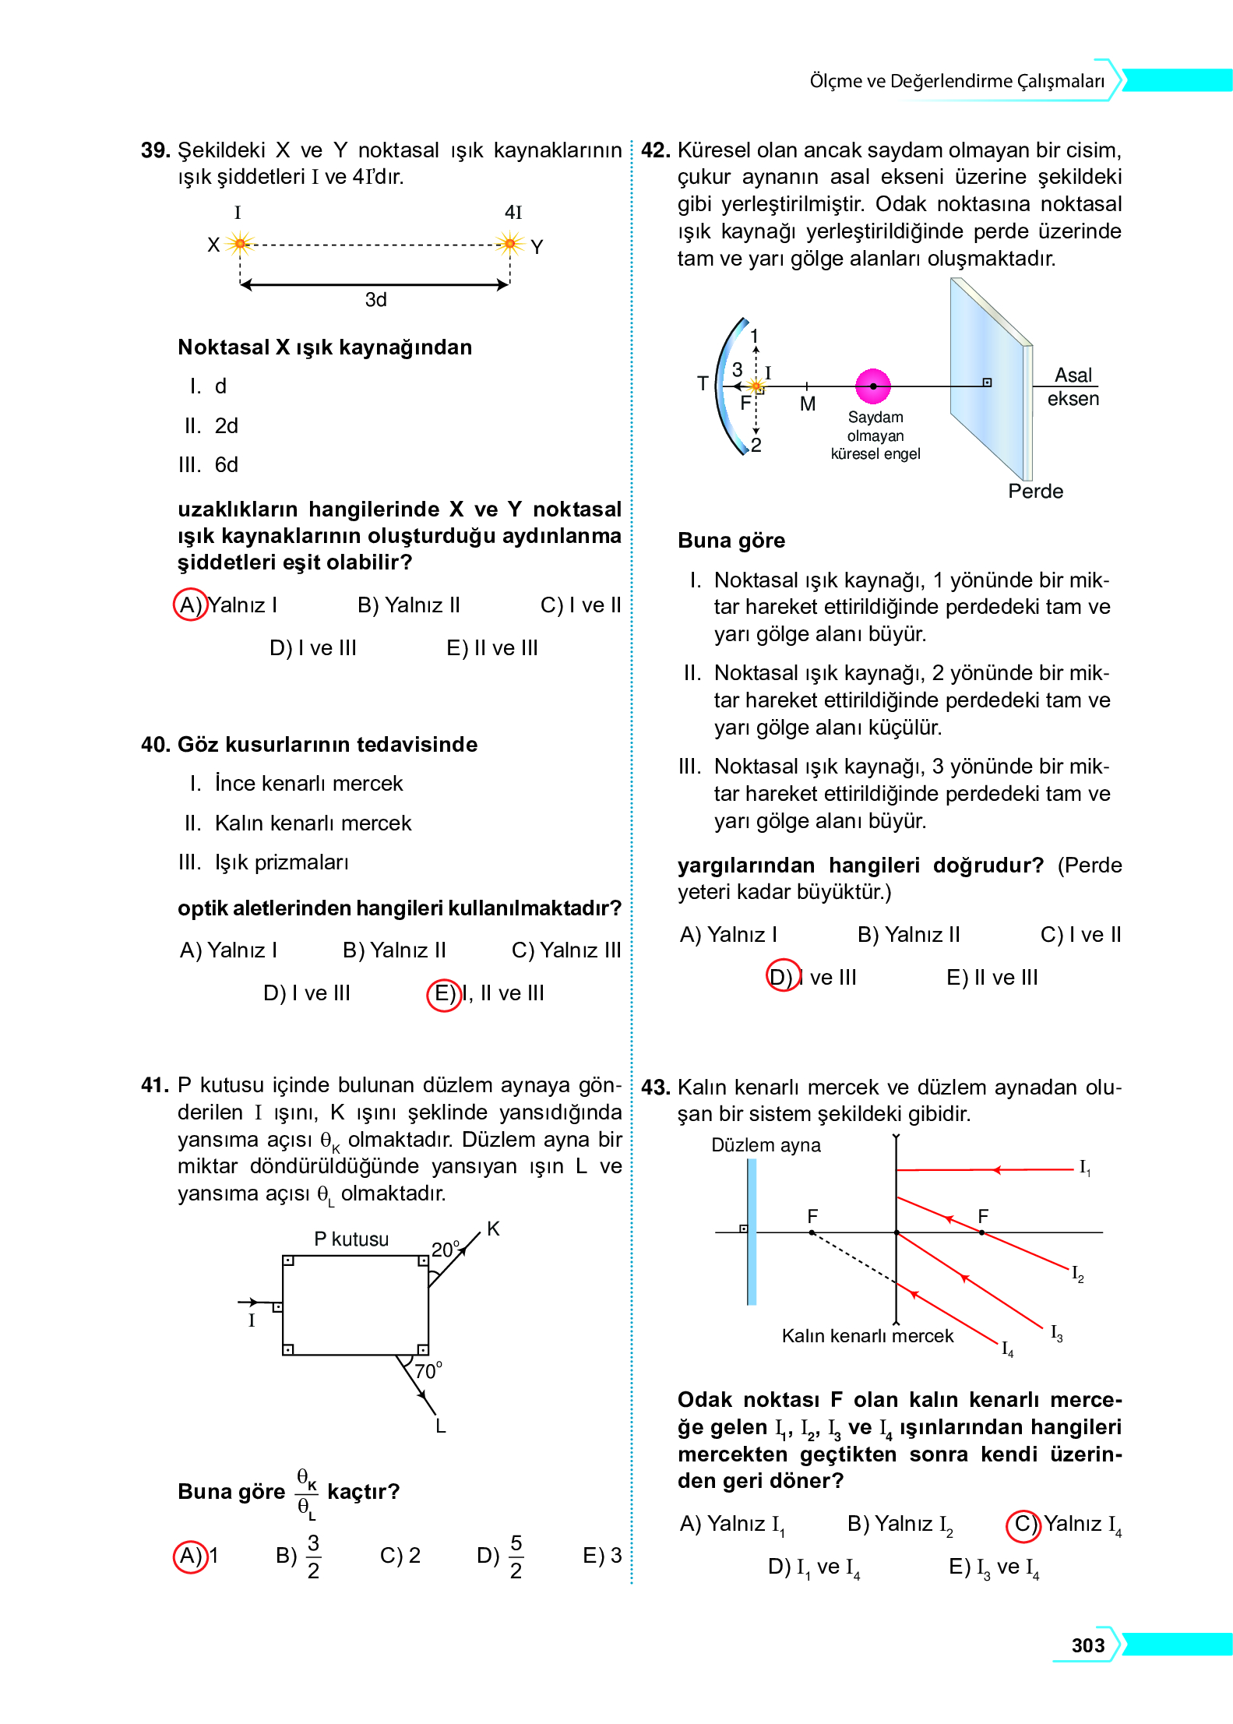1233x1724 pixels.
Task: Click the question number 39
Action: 155,150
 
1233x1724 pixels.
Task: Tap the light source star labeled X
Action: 240,245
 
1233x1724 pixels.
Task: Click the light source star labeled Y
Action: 510,245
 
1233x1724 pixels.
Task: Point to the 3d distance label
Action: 375,300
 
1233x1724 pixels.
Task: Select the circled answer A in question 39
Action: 189,605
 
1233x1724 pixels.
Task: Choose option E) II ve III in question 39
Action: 491,648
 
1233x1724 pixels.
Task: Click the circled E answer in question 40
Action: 444,994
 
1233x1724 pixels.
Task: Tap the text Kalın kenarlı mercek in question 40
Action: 312,823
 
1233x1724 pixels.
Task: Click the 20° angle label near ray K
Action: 446,1250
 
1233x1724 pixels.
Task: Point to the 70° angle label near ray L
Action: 428,1371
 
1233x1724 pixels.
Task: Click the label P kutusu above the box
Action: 351,1239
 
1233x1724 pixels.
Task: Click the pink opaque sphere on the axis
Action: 873,386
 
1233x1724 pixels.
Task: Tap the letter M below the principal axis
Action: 808,404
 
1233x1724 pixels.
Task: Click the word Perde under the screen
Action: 1035,492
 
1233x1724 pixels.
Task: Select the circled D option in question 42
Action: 782,977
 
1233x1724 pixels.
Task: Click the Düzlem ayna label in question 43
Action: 766,1145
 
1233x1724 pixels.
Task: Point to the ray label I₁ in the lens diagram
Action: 1084,1168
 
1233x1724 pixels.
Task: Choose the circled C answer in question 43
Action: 1023,1525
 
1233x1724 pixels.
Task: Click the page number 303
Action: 1087,1645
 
